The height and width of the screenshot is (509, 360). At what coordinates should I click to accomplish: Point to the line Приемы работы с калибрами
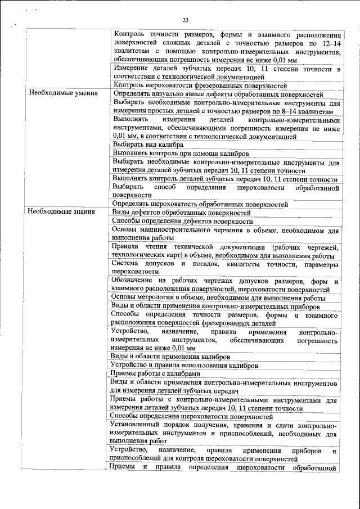point(155,373)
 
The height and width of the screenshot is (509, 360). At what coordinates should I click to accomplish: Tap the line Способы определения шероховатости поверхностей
point(192,417)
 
